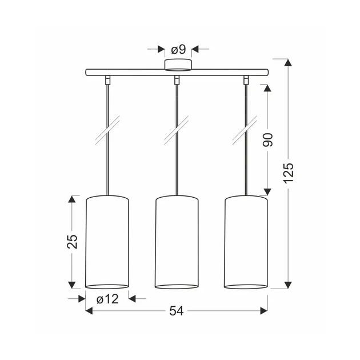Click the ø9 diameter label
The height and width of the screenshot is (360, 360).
(x=178, y=49)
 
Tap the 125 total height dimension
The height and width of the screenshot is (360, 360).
(x=289, y=173)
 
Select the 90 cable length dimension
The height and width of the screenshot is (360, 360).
(x=267, y=139)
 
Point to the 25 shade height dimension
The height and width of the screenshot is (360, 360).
(x=72, y=242)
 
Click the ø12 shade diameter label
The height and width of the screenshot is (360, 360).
(x=107, y=299)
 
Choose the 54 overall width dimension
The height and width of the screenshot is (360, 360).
(x=177, y=311)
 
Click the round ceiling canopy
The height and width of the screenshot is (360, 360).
(x=178, y=65)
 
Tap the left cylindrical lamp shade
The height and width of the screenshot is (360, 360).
(x=107, y=242)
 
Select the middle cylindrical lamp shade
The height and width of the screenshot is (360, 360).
(x=177, y=242)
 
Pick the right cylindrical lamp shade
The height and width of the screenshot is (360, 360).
(x=246, y=242)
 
